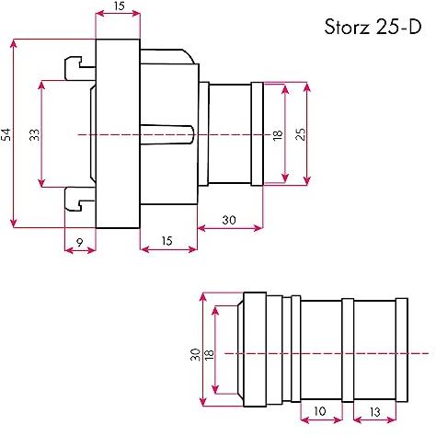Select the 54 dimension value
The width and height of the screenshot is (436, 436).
[7, 134]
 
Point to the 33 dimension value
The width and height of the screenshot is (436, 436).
[34, 134]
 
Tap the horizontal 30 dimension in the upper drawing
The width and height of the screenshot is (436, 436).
[228, 221]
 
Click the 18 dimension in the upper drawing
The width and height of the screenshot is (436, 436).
[277, 134]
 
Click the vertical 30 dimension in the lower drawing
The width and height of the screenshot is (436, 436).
[195, 353]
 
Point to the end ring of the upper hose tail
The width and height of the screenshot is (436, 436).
[256, 134]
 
